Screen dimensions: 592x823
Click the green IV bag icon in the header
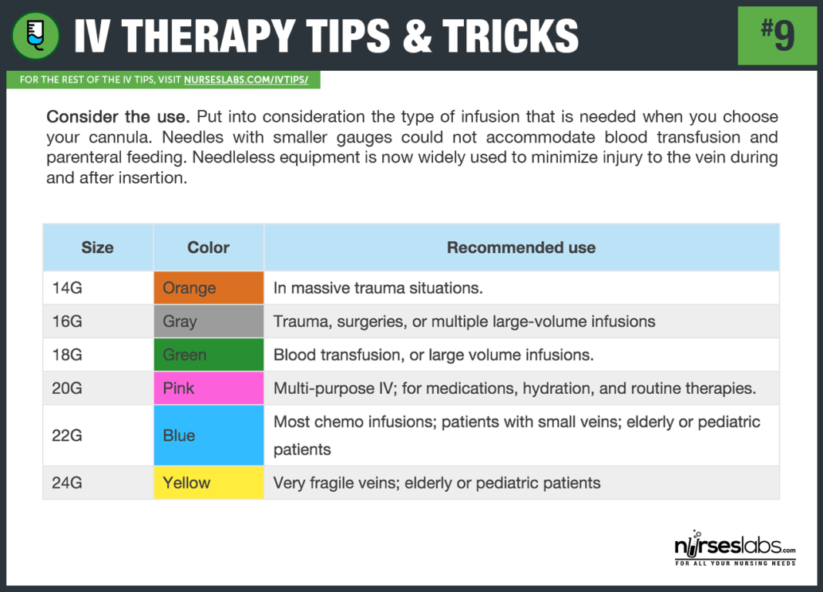point(36,35)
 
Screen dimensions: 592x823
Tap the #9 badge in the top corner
point(778,35)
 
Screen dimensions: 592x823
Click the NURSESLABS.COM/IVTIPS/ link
point(250,79)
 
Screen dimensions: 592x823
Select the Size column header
point(98,247)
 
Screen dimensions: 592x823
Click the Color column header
point(209,247)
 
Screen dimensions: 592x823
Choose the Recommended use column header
point(521,247)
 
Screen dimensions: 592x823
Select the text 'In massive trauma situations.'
point(378,288)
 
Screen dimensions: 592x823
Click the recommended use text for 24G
point(437,483)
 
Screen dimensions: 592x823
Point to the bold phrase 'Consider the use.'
point(118,117)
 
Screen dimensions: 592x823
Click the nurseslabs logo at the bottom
point(734,550)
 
